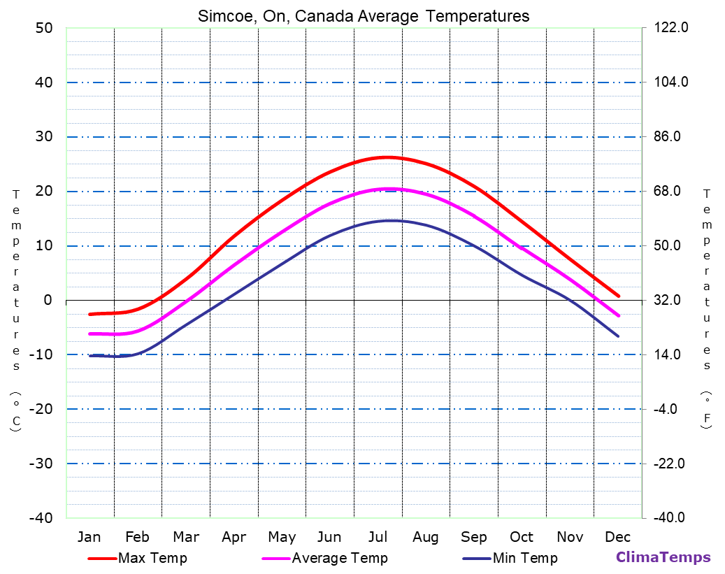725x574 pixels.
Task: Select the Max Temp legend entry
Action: point(152,558)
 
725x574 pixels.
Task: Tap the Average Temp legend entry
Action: point(340,558)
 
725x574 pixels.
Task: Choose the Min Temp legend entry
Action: point(525,558)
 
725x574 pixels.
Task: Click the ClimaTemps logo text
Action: point(663,558)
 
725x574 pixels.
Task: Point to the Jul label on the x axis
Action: point(378,537)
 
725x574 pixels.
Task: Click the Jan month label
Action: point(89,537)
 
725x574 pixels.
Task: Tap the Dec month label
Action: point(618,537)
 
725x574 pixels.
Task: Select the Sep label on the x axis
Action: point(474,537)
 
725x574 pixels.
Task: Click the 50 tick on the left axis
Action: point(43,28)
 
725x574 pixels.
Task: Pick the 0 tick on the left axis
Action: point(48,301)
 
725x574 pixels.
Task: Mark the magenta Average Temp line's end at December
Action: point(619,316)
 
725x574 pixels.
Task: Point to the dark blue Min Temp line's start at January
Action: point(90,356)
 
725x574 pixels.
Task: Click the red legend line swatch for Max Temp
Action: point(102,559)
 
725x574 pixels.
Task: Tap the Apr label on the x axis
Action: point(234,537)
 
